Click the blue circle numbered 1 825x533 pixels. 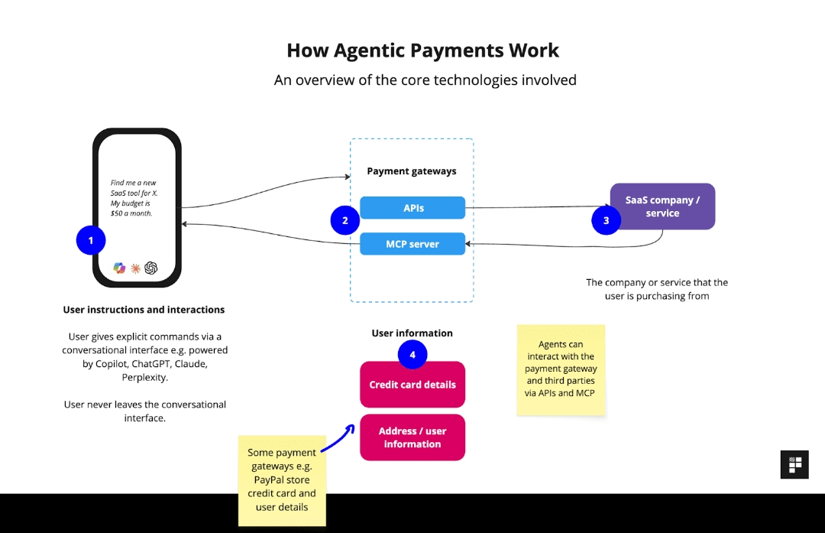[x=91, y=240]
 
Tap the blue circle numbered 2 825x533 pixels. [x=345, y=220]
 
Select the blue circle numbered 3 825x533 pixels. [x=606, y=220]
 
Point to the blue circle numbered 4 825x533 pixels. [x=412, y=355]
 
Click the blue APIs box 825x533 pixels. [x=412, y=207]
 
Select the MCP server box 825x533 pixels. [x=412, y=244]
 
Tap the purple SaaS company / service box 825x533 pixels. [x=662, y=206]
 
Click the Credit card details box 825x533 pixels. [x=412, y=385]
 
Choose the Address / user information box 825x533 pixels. [x=412, y=437]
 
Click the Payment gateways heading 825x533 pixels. [x=412, y=171]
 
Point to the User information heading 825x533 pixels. [x=412, y=333]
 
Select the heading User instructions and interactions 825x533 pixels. [x=144, y=310]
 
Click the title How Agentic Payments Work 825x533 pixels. [x=422, y=50]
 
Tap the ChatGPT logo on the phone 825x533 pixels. [x=151, y=268]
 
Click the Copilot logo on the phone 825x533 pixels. [x=119, y=268]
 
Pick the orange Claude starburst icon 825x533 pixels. [x=135, y=268]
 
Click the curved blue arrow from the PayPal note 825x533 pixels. [x=338, y=440]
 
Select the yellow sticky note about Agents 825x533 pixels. [x=561, y=370]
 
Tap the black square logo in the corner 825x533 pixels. [x=794, y=464]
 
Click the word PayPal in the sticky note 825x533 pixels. [x=269, y=479]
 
